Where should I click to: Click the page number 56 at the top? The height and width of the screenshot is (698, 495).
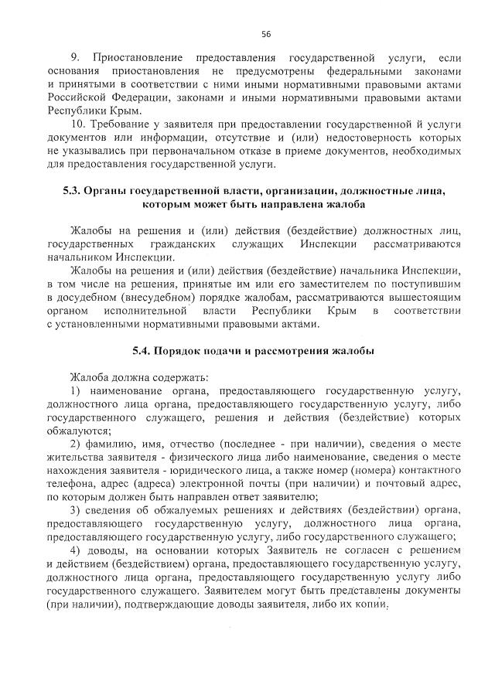[265, 34]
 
